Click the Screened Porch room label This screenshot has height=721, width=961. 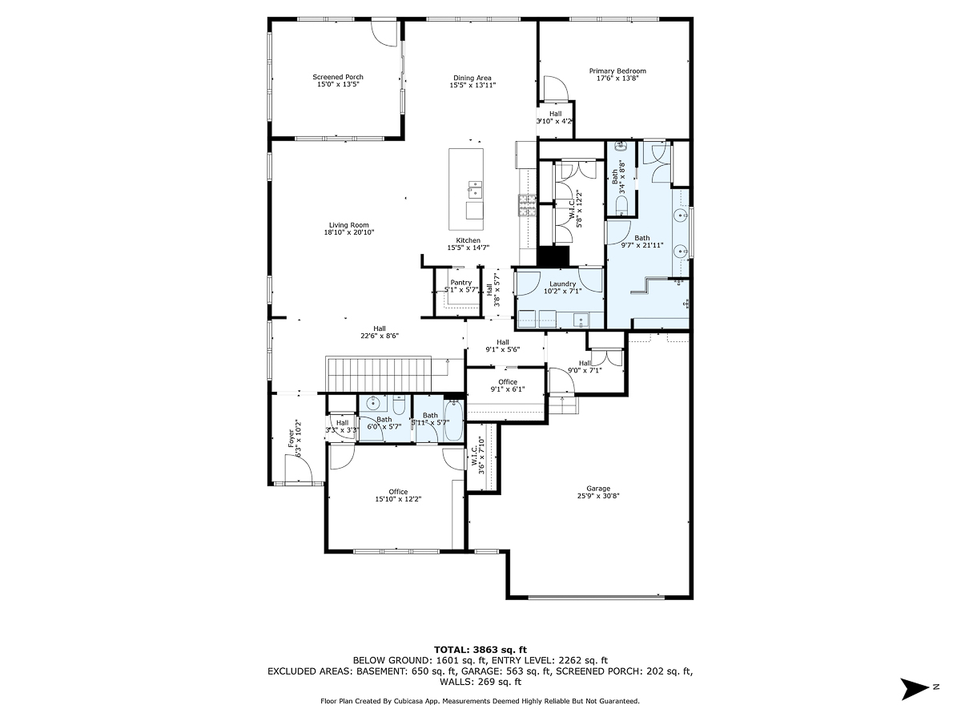pyautogui.click(x=337, y=77)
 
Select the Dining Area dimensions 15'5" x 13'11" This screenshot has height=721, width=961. pyautogui.click(x=472, y=84)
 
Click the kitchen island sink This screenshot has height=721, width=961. pyautogui.click(x=475, y=190)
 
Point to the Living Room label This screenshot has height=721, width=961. pyautogui.click(x=348, y=225)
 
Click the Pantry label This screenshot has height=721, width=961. pyautogui.click(x=460, y=282)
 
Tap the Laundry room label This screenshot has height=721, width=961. pyautogui.click(x=562, y=284)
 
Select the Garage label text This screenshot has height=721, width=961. pyautogui.click(x=597, y=488)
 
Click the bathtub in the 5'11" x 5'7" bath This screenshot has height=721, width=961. pyautogui.click(x=453, y=421)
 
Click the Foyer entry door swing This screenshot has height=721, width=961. pyautogui.click(x=297, y=471)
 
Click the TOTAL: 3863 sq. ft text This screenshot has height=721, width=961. pyautogui.click(x=480, y=650)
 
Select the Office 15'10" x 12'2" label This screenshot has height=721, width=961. pyautogui.click(x=398, y=492)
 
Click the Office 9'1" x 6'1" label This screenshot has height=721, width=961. pyautogui.click(x=507, y=381)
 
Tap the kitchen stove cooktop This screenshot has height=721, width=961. pyautogui.click(x=527, y=207)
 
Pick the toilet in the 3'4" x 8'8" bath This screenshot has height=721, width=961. pyautogui.click(x=622, y=206)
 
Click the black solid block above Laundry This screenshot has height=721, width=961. pyautogui.click(x=553, y=257)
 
